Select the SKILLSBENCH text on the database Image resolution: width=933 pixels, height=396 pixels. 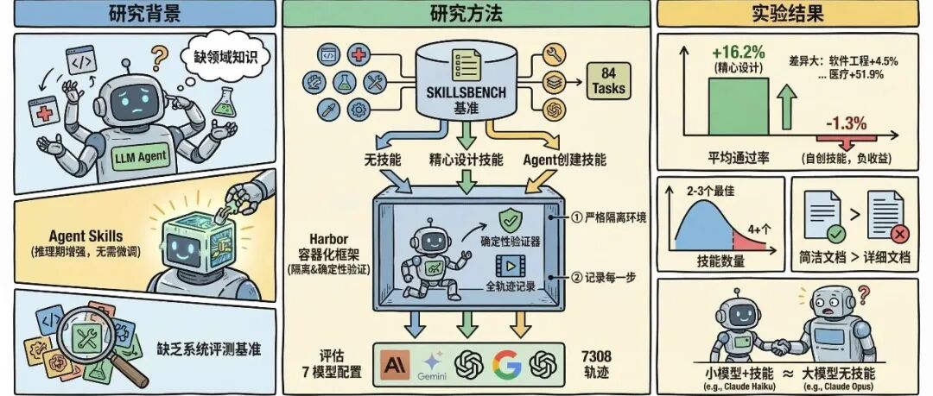point(465,94)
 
